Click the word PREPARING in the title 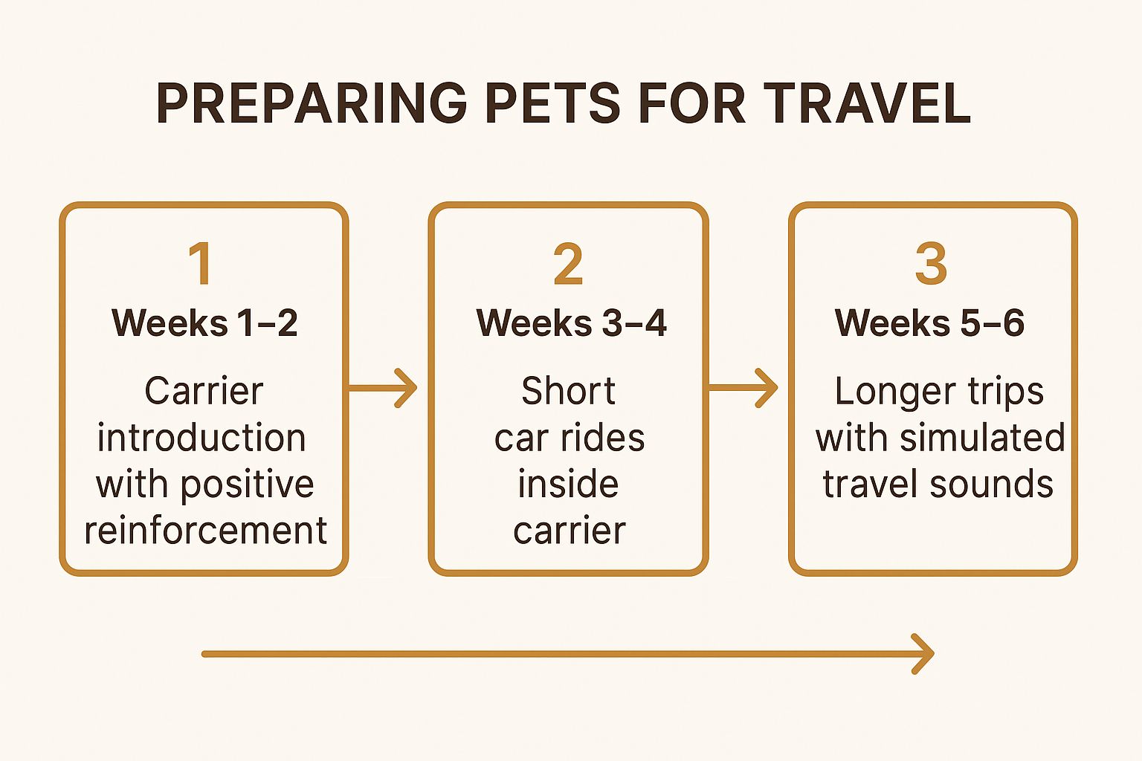point(312,103)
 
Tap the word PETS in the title point(552,103)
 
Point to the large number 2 point(568,263)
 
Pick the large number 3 point(931,263)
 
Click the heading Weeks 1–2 point(204,323)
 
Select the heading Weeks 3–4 point(572,323)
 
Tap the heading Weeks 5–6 point(929,323)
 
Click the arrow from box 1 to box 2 point(382,388)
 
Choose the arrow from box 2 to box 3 point(743,388)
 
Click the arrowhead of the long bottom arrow point(923,654)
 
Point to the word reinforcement point(205,531)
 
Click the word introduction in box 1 point(201,437)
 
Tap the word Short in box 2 point(568,391)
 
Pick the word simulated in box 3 point(982,437)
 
